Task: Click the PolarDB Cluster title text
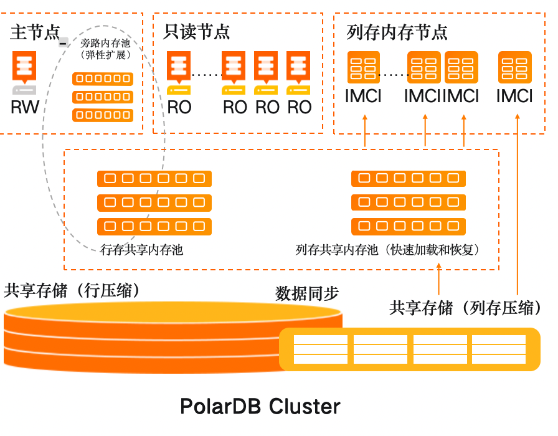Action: point(260,407)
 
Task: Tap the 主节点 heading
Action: point(35,32)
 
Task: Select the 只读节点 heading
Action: point(196,32)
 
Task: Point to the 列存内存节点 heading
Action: point(397,32)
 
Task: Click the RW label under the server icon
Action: point(25,107)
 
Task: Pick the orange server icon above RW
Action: point(24,68)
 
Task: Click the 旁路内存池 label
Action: point(105,44)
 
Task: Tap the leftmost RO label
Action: point(179,107)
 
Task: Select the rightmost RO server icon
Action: point(298,68)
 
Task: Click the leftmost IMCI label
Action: point(363,97)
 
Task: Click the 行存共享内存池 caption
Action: point(141,250)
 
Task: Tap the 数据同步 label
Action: point(307,293)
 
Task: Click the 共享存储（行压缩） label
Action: point(72,290)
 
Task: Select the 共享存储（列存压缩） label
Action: point(465,308)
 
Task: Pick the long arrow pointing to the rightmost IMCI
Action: point(518,206)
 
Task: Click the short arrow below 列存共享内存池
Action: point(439,279)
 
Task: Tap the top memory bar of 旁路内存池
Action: point(103,78)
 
